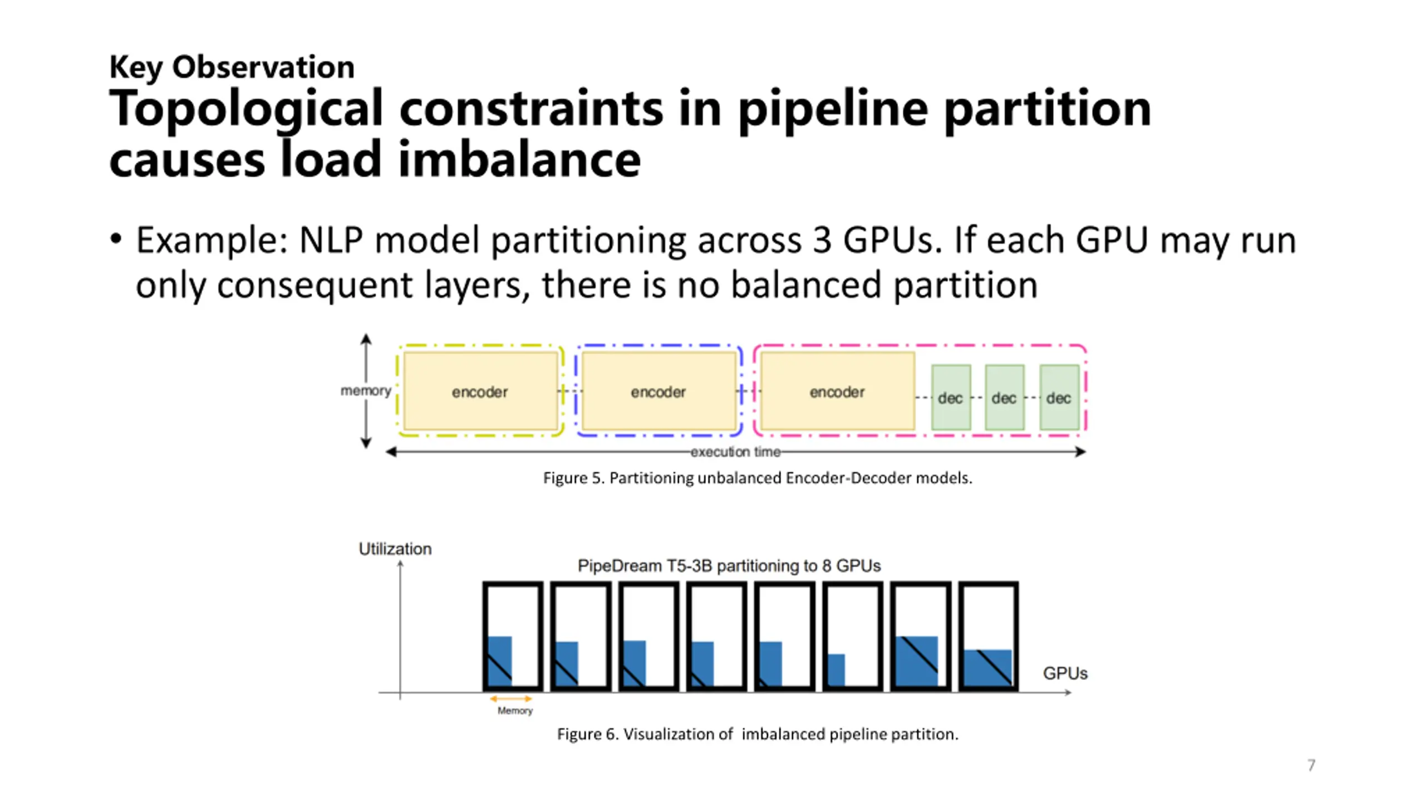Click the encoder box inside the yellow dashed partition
coord(480,392)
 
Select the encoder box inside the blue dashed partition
coord(658,392)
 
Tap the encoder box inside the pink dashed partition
coord(837,392)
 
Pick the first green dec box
coord(950,398)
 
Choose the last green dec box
coord(1059,398)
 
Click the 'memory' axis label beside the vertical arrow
coord(366,390)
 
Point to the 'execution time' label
coord(735,452)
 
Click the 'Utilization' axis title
coord(395,549)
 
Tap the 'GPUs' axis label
coord(1065,673)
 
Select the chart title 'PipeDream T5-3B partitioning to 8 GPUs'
coord(729,566)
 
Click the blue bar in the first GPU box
coord(500,661)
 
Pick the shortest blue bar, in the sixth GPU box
coord(837,669)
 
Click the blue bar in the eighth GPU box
coord(987,667)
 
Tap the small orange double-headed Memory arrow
coord(511,698)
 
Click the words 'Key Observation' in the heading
coord(232,67)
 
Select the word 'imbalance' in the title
coord(519,159)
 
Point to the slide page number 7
coord(1311,765)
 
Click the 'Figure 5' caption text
coord(758,478)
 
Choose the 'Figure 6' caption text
coord(758,734)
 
